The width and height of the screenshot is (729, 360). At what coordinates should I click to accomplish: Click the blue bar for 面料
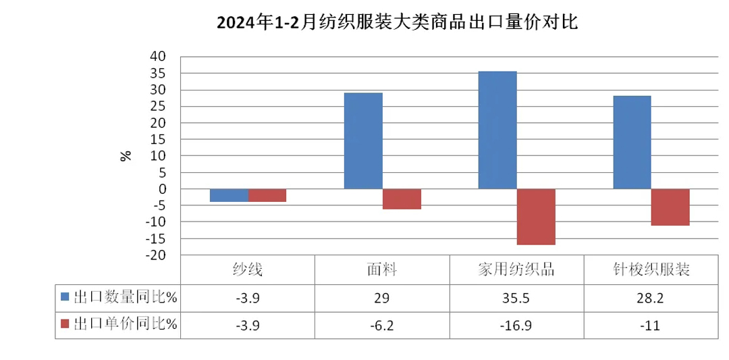tap(363, 140)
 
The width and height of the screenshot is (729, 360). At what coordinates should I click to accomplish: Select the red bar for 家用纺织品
tap(536, 217)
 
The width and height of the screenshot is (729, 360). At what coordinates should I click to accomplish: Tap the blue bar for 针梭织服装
tap(632, 143)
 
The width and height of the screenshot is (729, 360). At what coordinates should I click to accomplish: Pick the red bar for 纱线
tap(267, 195)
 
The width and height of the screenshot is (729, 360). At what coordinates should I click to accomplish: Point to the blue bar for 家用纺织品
tap(497, 130)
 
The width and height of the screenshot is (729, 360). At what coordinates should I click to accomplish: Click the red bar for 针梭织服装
tap(671, 207)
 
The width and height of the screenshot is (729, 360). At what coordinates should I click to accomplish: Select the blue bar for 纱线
tap(229, 195)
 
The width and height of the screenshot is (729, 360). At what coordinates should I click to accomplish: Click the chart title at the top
tap(397, 23)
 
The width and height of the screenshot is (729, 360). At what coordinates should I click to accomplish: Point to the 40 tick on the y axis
tap(157, 57)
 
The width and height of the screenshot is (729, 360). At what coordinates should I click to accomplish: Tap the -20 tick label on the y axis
tap(157, 255)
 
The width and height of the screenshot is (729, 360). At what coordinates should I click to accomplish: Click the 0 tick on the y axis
tap(163, 189)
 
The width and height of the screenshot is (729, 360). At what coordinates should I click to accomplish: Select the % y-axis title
tap(126, 155)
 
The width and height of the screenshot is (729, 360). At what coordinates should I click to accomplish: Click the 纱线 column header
tap(247, 270)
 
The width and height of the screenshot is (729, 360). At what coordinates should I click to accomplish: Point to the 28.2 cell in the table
tap(650, 297)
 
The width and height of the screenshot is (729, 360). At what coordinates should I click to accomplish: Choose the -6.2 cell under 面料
tap(381, 325)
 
